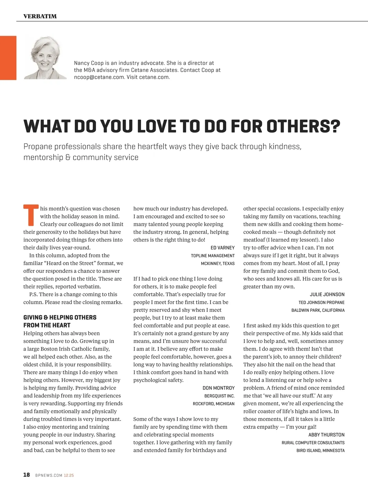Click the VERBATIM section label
point(40,16)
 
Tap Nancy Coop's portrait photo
point(45,58)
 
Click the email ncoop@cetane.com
point(99,77)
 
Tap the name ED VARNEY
point(222,248)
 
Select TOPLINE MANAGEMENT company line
point(213,256)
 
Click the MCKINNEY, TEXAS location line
point(217,263)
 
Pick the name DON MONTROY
point(218,388)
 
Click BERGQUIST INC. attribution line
point(219,396)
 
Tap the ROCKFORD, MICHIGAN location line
point(213,404)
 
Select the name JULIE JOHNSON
point(327,294)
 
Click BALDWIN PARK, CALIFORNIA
point(318,310)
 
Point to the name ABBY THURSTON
point(326,435)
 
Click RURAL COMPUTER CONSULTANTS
point(313,443)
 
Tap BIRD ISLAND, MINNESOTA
point(320,450)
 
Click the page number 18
point(27,475)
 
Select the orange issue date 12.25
point(69,475)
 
